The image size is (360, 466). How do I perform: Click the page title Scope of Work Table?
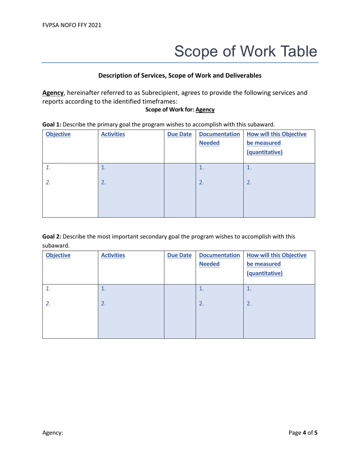(246, 51)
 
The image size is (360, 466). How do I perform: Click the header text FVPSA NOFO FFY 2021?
(72, 26)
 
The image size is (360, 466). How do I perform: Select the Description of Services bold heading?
(180, 75)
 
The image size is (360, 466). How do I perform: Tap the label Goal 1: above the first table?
(50, 124)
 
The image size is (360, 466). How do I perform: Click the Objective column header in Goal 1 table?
(58, 134)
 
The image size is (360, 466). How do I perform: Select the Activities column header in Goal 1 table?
(113, 134)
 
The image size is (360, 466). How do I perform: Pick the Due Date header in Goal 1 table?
(179, 134)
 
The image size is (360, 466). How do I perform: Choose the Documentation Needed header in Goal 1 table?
(219, 139)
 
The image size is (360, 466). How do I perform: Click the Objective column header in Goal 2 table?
(58, 255)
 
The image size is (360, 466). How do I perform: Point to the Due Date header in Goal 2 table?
(179, 255)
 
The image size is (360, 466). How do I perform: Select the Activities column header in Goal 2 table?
(113, 255)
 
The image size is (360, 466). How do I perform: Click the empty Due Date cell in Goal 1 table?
(180, 190)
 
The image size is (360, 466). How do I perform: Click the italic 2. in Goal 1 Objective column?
(48, 182)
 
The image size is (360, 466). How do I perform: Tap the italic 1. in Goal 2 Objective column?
(48, 289)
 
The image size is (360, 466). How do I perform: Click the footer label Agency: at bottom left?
(52, 432)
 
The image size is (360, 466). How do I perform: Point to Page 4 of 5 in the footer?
(303, 432)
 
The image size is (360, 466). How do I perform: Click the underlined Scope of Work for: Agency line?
(180, 110)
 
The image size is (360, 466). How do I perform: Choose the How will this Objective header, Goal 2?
(276, 255)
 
